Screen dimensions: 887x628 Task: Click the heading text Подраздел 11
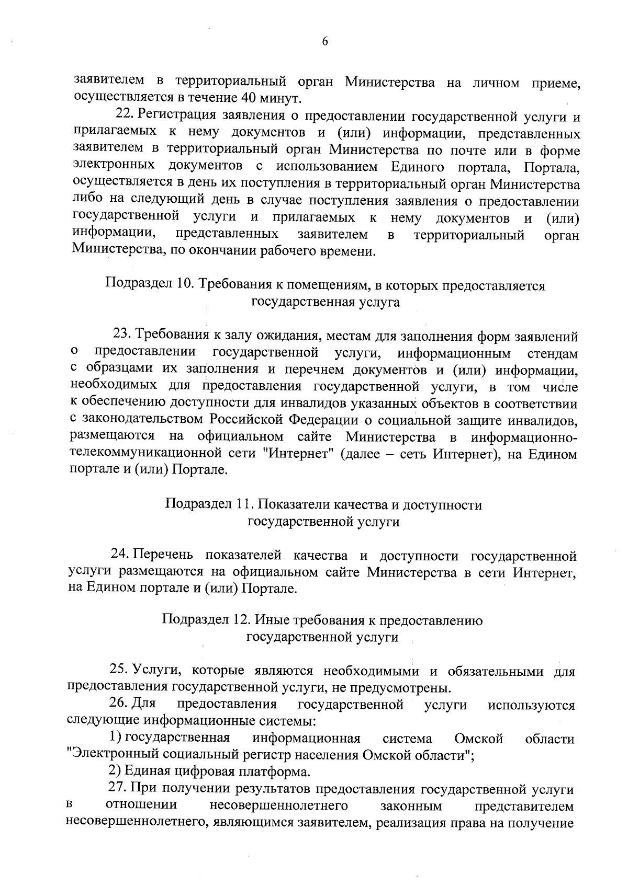209,505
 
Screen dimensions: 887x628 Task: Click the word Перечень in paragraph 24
163,555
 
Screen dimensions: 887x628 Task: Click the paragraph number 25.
118,670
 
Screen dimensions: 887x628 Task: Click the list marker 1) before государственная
116,739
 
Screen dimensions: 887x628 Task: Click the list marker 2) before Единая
115,773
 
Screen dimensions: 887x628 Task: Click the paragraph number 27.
118,790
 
